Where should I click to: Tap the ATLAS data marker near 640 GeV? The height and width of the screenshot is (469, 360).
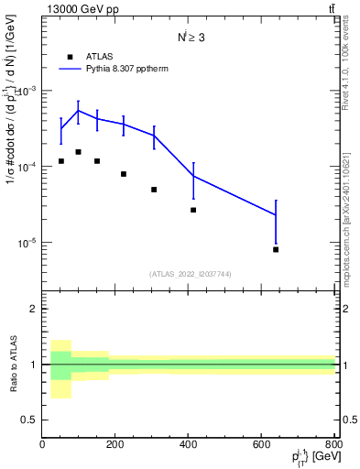click(x=276, y=249)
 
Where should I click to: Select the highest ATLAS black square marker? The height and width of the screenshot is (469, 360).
click(x=79, y=152)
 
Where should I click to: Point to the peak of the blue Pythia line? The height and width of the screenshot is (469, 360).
click(x=79, y=111)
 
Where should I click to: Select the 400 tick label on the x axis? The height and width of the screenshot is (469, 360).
click(x=189, y=446)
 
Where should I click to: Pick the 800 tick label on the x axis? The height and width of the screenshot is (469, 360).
click(x=333, y=446)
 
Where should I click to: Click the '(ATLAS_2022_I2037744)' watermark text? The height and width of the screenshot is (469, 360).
click(x=190, y=274)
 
